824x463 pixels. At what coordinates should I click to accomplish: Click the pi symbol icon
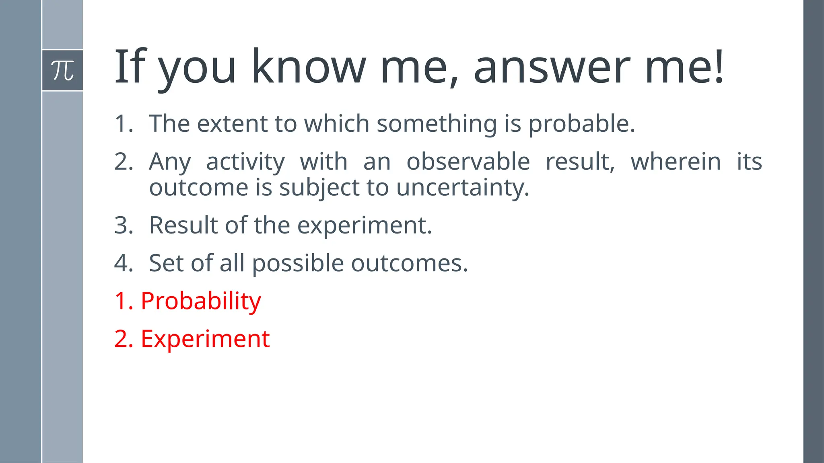[x=62, y=70]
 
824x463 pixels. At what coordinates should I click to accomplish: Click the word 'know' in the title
[x=309, y=67]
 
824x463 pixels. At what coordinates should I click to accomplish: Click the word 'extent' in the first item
[x=232, y=124]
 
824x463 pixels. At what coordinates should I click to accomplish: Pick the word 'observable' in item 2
[x=468, y=162]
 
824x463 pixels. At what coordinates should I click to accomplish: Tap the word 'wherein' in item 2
[x=676, y=162]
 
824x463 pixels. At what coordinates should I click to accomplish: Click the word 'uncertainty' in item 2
[x=462, y=188]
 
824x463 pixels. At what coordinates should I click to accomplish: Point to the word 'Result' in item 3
[x=183, y=225]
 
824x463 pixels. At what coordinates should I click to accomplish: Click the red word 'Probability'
[x=201, y=301]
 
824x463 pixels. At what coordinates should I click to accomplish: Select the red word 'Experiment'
[x=205, y=339]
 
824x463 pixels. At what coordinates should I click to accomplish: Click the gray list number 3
[x=123, y=225]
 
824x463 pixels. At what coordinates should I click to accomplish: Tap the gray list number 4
[x=123, y=263]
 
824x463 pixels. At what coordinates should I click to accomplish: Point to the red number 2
[x=122, y=339]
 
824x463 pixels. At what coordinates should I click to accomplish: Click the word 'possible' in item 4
[x=298, y=264]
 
